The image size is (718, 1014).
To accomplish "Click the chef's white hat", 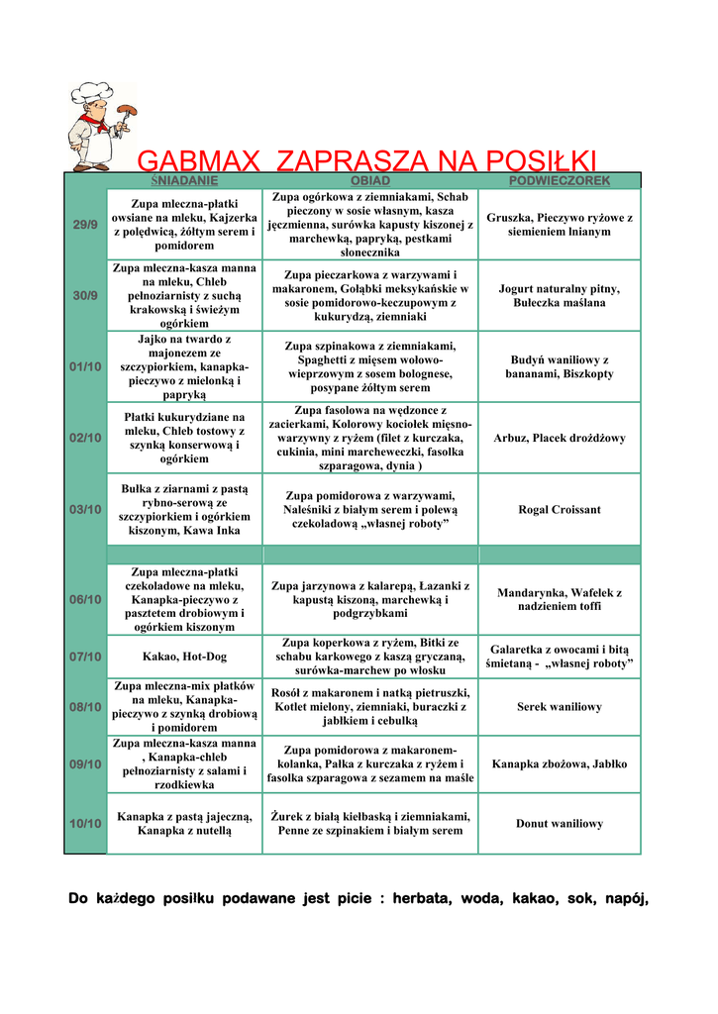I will click(x=92, y=93).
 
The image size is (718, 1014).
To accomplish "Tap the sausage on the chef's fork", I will click(x=127, y=110).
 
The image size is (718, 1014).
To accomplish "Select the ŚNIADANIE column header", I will click(x=183, y=181).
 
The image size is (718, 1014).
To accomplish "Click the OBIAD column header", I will click(x=369, y=181).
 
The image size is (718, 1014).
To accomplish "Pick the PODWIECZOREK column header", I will click(x=559, y=181).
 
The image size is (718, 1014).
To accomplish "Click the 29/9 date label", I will click(x=85, y=225).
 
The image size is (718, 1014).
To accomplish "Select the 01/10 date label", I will click(x=85, y=366).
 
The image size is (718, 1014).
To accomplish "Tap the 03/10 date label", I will click(x=85, y=509).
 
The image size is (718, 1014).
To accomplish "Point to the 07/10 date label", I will click(x=85, y=657).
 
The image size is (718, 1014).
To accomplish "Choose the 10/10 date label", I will click(x=85, y=823).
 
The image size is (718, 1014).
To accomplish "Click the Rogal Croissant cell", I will click(x=559, y=510).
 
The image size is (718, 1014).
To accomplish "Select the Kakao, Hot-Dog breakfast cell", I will click(x=183, y=657).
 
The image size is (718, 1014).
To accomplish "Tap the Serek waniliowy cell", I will click(x=559, y=707).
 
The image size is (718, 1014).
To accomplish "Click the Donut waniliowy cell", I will click(x=559, y=823).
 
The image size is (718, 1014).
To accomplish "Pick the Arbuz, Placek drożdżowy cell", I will click(x=559, y=438).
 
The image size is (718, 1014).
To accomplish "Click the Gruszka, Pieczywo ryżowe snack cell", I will click(x=559, y=225).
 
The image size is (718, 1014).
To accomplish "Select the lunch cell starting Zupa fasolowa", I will click(x=369, y=438).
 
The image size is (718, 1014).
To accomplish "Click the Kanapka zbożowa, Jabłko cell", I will click(x=559, y=764).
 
